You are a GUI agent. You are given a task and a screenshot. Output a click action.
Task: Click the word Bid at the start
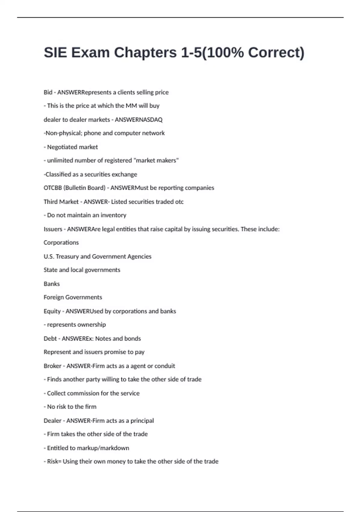48,92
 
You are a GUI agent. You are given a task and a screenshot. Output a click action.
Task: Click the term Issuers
53,229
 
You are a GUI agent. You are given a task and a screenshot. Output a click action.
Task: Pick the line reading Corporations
61,243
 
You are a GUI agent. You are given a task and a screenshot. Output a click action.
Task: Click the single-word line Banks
52,284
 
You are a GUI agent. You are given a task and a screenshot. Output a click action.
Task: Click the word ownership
91,325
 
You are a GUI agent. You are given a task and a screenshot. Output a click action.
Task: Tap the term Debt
50,339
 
